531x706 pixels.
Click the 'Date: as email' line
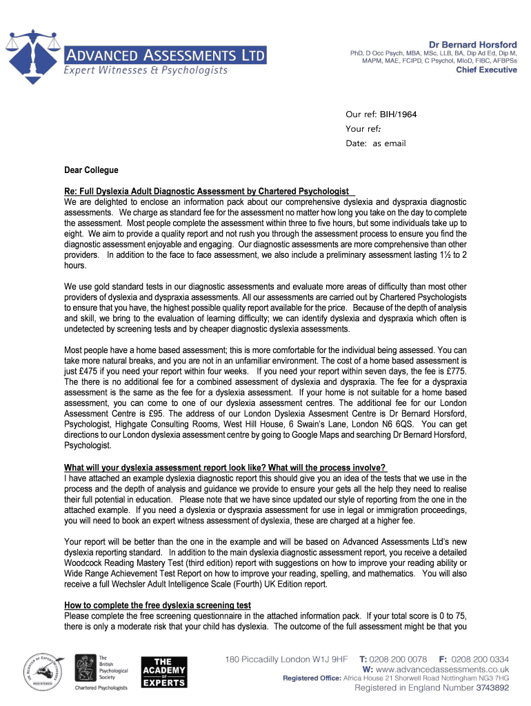pos(375,143)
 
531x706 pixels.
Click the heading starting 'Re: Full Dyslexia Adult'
pos(207,192)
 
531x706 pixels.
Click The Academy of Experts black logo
pos(163,671)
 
